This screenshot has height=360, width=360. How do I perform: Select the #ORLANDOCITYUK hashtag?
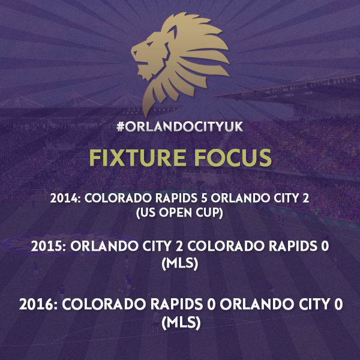coord(180,127)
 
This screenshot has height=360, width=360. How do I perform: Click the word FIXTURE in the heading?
coord(137,158)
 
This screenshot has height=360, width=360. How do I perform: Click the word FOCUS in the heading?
coord(233,158)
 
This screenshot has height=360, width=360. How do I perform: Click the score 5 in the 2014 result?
coord(204,198)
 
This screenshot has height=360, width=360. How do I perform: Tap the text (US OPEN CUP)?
coord(179,213)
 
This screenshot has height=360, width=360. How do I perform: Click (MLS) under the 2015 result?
coord(180,263)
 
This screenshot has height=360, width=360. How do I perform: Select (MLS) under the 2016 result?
coord(181,323)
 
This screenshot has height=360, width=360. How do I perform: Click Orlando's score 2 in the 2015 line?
coord(179,246)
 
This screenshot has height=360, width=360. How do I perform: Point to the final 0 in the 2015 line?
coord(325,246)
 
